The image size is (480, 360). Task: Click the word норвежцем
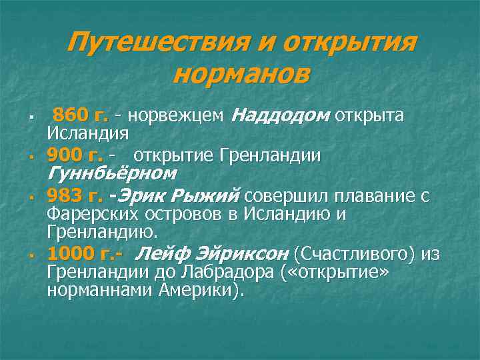[176, 115]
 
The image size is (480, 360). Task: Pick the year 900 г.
[75, 156]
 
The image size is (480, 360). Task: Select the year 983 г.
[75, 197]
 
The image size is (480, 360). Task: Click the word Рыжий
[205, 197]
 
